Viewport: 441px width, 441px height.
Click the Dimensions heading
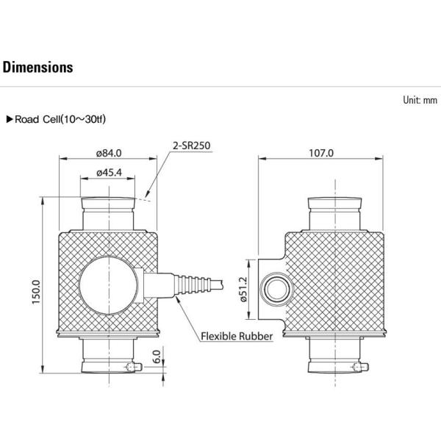tap(38, 68)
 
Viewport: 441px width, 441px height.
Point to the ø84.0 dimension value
tap(108, 153)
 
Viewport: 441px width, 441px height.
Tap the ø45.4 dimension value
tap(108, 173)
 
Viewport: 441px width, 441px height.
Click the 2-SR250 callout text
tap(192, 146)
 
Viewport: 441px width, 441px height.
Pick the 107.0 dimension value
tap(321, 153)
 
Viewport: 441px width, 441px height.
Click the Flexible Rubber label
tap(237, 337)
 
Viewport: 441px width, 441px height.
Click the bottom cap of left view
tap(108, 360)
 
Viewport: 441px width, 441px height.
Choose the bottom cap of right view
tap(333, 360)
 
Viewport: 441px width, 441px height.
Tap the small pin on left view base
tap(132, 366)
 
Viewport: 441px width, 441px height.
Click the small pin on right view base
tap(358, 366)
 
